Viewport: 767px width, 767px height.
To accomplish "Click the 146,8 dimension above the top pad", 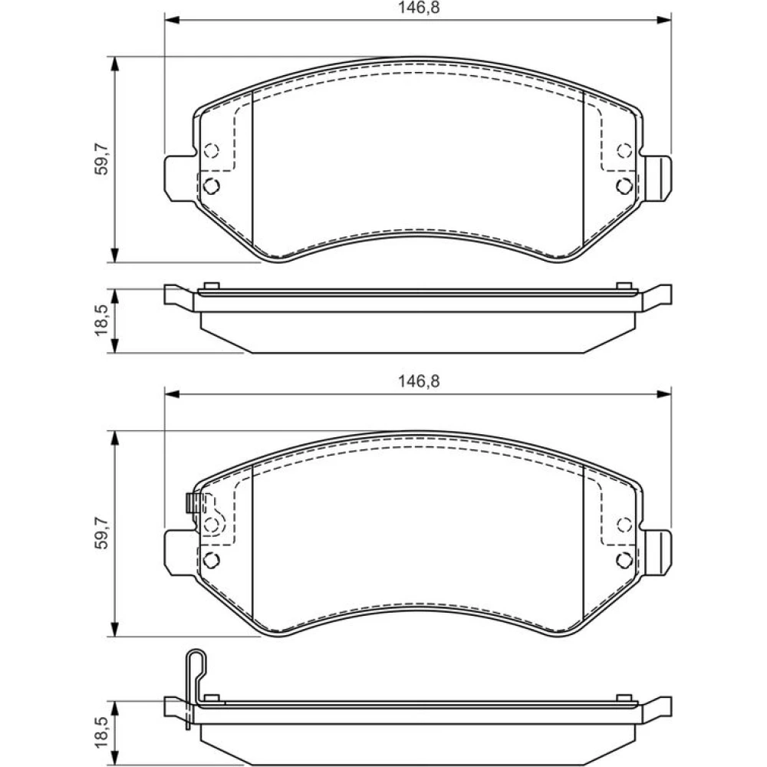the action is coord(418,8).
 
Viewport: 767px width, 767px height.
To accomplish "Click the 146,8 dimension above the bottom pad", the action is coord(418,381).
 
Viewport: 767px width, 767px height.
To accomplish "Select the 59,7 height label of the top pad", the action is coord(102,160).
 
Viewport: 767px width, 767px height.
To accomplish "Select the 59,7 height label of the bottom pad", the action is coord(102,534).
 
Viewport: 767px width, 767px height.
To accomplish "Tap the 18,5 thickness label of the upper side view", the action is coord(102,321).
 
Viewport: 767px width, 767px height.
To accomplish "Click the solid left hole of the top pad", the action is coord(212,186).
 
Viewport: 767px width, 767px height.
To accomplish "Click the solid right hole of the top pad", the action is coord(624,186).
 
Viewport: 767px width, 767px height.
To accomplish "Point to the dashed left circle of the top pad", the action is coord(212,150).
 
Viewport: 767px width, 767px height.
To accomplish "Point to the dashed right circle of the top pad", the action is coord(624,150).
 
